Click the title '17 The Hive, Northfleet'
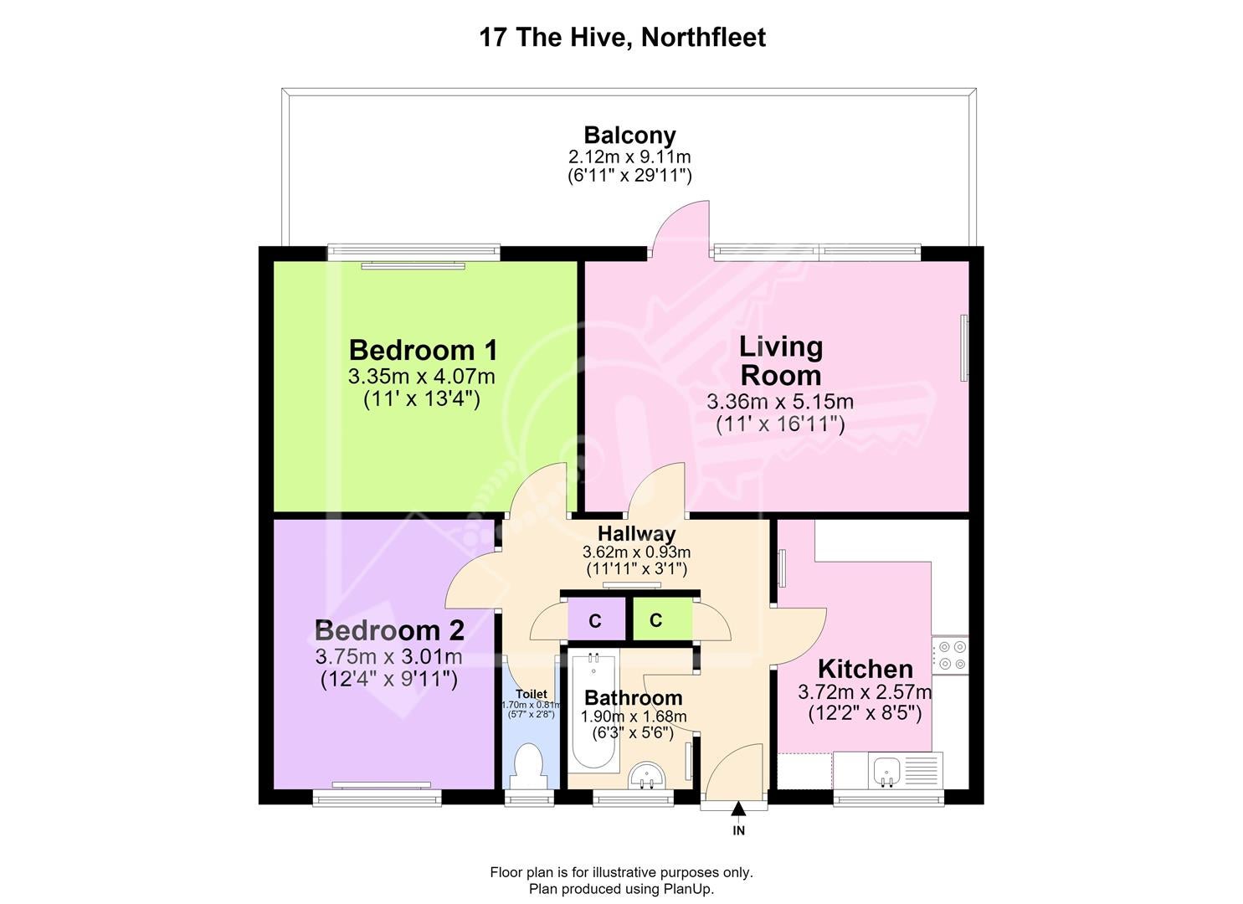622,38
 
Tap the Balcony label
629,135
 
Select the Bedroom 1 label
423,350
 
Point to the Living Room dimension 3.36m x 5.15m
779,401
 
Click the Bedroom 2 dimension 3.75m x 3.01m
388,657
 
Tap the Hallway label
636,533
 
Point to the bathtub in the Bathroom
593,712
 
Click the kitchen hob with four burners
950,655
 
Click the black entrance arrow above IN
738,809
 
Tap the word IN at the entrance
738,830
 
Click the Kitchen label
865,670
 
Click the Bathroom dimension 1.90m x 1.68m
634,717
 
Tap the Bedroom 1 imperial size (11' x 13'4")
422,399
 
